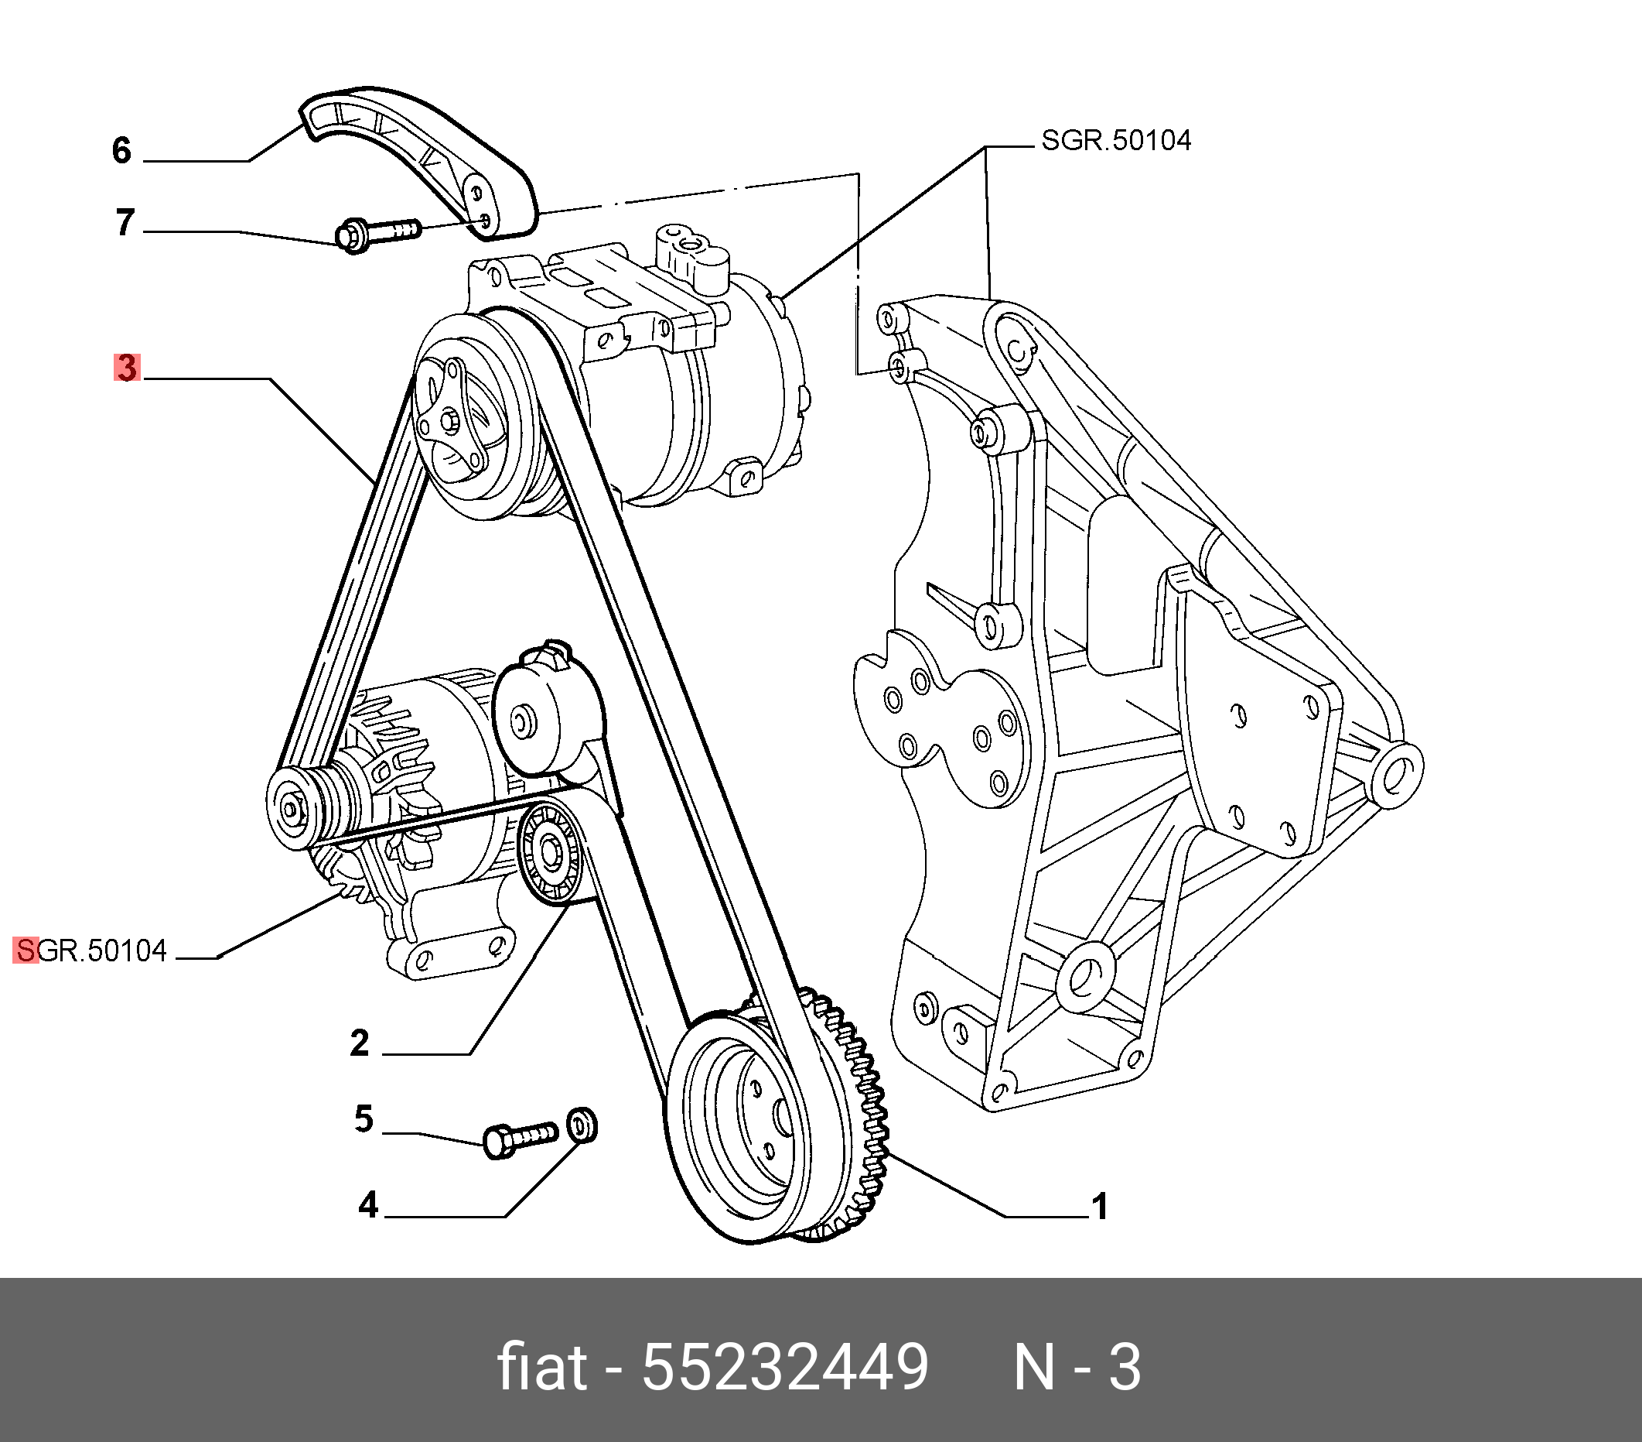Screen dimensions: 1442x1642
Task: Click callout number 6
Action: (121, 150)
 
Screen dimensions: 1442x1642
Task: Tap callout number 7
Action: (125, 222)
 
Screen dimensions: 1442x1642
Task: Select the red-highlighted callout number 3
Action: (127, 368)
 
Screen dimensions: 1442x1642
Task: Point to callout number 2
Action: (359, 1043)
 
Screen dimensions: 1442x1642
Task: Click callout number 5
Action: (364, 1119)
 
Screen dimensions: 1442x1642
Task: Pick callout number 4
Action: (368, 1205)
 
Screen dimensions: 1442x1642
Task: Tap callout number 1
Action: (1100, 1207)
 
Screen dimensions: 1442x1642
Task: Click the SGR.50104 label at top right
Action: (1116, 141)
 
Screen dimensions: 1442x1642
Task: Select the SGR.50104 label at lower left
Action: (90, 950)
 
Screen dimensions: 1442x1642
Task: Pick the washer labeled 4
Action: (582, 1125)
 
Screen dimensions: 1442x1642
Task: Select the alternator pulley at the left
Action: (291, 808)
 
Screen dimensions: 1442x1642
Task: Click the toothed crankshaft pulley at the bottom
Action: (771, 1125)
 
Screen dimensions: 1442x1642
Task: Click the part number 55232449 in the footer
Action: (785, 1366)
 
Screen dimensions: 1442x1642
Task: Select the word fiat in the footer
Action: (542, 1366)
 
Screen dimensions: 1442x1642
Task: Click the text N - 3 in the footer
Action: (1077, 1366)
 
